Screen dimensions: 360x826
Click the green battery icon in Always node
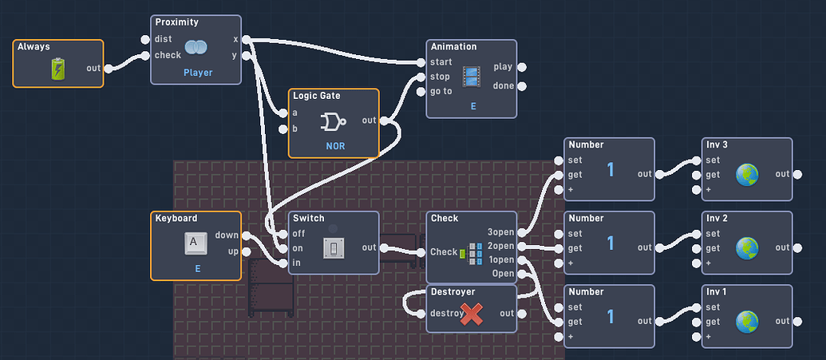pyautogui.click(x=59, y=69)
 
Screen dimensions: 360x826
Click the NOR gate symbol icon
pyautogui.click(x=333, y=121)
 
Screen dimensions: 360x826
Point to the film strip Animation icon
pyautogui.click(x=472, y=77)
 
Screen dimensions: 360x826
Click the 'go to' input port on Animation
pyautogui.click(x=421, y=91)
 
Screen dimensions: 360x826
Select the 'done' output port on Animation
pyautogui.click(x=521, y=85)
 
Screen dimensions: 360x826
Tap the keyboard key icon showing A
pyautogui.click(x=196, y=243)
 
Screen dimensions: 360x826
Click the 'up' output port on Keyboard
pyautogui.click(x=245, y=253)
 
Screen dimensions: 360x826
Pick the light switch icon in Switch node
pyautogui.click(x=333, y=248)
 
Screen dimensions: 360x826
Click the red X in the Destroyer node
pyautogui.click(x=472, y=314)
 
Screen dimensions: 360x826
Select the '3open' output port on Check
pyautogui.click(x=521, y=232)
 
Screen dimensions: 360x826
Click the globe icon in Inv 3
pyautogui.click(x=746, y=175)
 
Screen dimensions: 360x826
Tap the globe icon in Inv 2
pyautogui.click(x=746, y=248)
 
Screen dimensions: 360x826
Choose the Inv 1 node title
pyautogui.click(x=716, y=291)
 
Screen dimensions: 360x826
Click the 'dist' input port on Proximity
pyautogui.click(x=145, y=39)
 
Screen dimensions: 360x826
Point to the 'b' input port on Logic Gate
pyautogui.click(x=283, y=129)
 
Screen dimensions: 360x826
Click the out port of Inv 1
pyautogui.click(x=797, y=321)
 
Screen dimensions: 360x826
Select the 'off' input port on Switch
pyautogui.click(x=283, y=233)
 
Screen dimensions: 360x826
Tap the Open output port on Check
pyautogui.click(x=521, y=274)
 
